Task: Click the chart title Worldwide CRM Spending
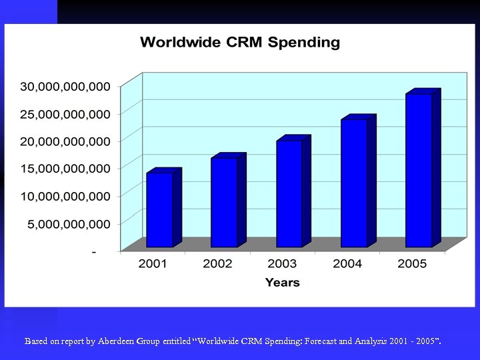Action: pyautogui.click(x=239, y=43)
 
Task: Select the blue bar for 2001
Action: pyautogui.click(x=159, y=210)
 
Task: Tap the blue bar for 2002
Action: pyautogui.click(x=224, y=203)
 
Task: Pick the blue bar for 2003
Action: pyautogui.click(x=289, y=194)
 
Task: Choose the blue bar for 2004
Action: pyautogui.click(x=354, y=183)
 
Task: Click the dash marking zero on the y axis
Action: pyautogui.click(x=93, y=252)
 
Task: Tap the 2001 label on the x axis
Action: pyautogui.click(x=153, y=264)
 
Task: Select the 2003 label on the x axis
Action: pyautogui.click(x=282, y=264)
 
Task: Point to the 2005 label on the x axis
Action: pyautogui.click(x=412, y=264)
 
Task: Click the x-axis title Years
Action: pyautogui.click(x=282, y=283)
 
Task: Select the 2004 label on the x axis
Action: pyautogui.click(x=347, y=264)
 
